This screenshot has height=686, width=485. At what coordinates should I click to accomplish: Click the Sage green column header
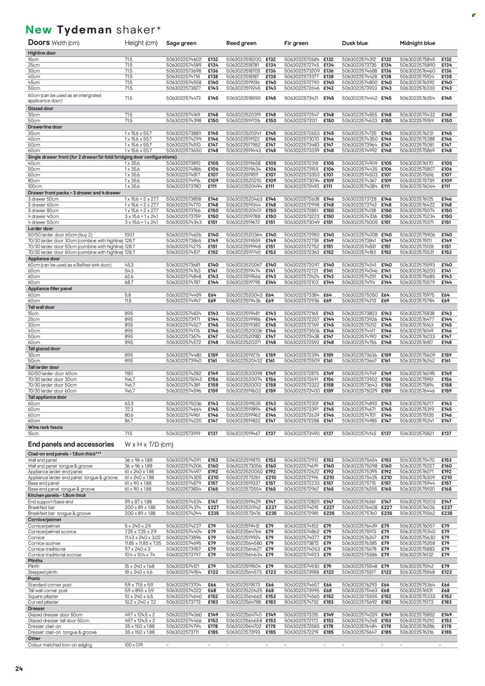(x=181, y=43)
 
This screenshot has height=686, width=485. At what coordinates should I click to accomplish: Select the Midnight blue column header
(x=417, y=43)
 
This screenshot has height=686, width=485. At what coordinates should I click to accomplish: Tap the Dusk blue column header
(x=355, y=43)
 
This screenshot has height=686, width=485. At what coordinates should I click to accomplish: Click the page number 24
(x=19, y=669)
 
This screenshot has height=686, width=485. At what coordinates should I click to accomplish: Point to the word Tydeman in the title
(x=85, y=30)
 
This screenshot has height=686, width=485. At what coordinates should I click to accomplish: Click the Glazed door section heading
(x=41, y=109)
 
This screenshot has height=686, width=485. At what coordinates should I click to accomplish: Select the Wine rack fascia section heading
(x=45, y=427)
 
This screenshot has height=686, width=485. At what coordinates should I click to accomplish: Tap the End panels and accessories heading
(x=71, y=444)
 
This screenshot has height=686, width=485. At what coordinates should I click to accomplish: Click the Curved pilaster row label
(x=43, y=602)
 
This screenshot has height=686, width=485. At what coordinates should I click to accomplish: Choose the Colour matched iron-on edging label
(x=60, y=645)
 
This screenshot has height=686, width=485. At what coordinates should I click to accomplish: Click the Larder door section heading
(x=41, y=229)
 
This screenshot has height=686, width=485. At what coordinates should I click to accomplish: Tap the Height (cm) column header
(x=141, y=43)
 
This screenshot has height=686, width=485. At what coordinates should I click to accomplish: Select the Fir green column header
(x=296, y=43)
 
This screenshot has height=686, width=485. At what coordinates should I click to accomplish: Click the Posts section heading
(x=34, y=578)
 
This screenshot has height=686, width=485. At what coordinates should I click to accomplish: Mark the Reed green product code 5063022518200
(x=244, y=59)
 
